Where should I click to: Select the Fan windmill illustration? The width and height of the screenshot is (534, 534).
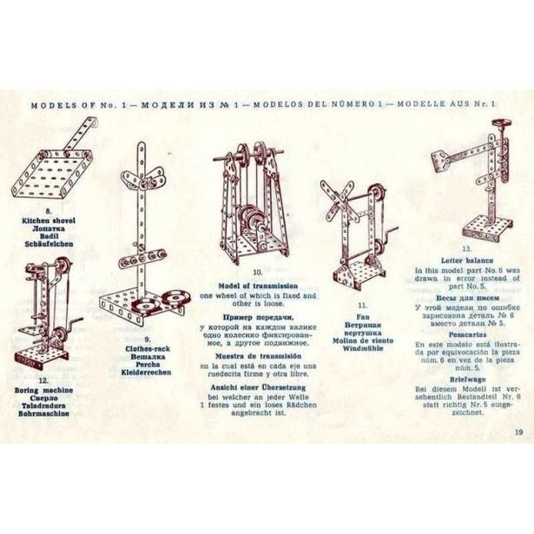(356, 230)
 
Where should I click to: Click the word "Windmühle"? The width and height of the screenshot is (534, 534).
(361, 334)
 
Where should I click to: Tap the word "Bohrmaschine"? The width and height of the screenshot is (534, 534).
(42, 414)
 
